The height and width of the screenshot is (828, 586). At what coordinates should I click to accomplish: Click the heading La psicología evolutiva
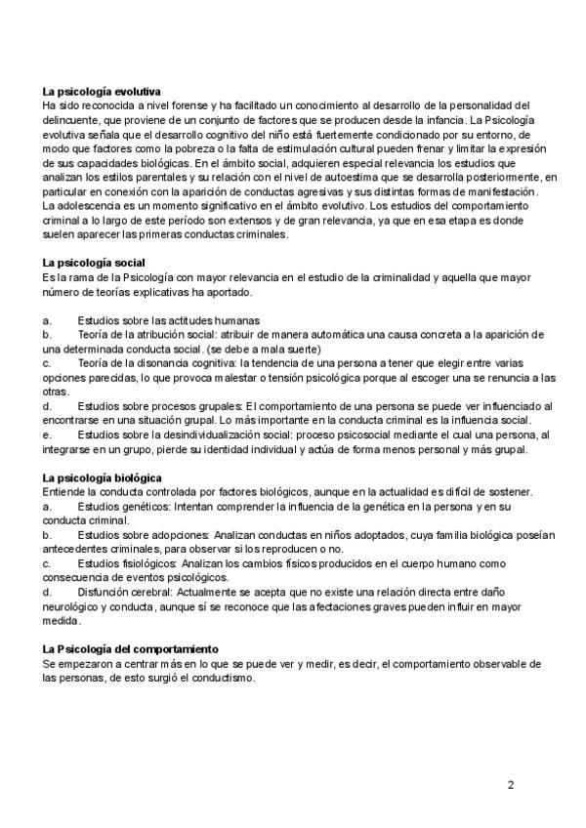(103, 91)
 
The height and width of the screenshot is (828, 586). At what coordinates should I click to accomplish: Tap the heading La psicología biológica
(102, 477)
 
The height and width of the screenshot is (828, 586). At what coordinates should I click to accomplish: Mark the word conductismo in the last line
(223, 679)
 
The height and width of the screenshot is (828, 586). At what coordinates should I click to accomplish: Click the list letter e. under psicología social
(47, 435)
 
